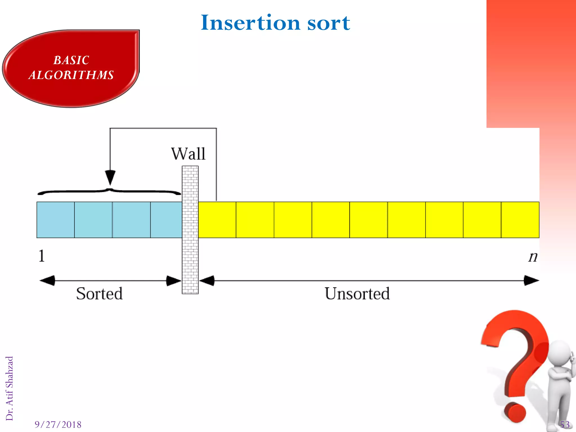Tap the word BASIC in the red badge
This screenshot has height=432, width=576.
71,60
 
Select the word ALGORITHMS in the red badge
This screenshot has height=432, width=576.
71,75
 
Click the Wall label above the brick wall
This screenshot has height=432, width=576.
188,154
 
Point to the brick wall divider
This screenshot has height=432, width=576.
190,229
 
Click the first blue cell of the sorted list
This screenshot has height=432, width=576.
56,220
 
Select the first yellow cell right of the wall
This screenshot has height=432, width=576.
217,220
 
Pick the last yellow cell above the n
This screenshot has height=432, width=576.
520,220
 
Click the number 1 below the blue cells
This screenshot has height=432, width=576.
42,256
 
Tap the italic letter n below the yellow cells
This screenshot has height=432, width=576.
533,256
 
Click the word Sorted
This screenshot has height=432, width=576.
99,294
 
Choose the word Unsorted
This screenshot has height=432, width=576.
357,294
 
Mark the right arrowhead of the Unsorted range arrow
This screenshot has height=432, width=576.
531,281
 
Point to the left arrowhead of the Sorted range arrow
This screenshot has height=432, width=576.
47,281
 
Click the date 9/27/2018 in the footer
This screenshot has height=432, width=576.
58,424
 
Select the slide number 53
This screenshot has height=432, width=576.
565,424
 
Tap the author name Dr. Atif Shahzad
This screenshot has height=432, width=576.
10,388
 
